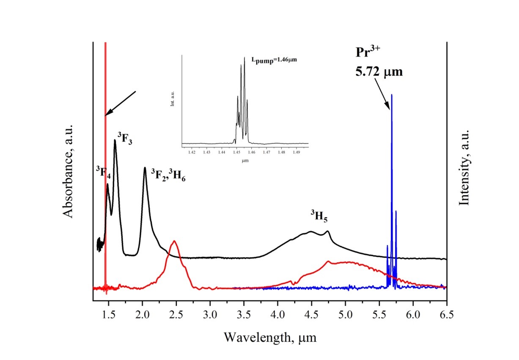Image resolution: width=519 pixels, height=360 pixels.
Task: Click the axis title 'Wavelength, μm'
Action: (270, 337)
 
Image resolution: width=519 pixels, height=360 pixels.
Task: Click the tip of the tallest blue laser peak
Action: (392, 95)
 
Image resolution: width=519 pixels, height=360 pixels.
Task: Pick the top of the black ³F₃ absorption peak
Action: (115, 140)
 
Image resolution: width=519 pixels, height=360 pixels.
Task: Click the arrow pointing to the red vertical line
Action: (121, 103)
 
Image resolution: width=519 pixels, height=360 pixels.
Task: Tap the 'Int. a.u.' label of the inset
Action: (173, 100)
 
